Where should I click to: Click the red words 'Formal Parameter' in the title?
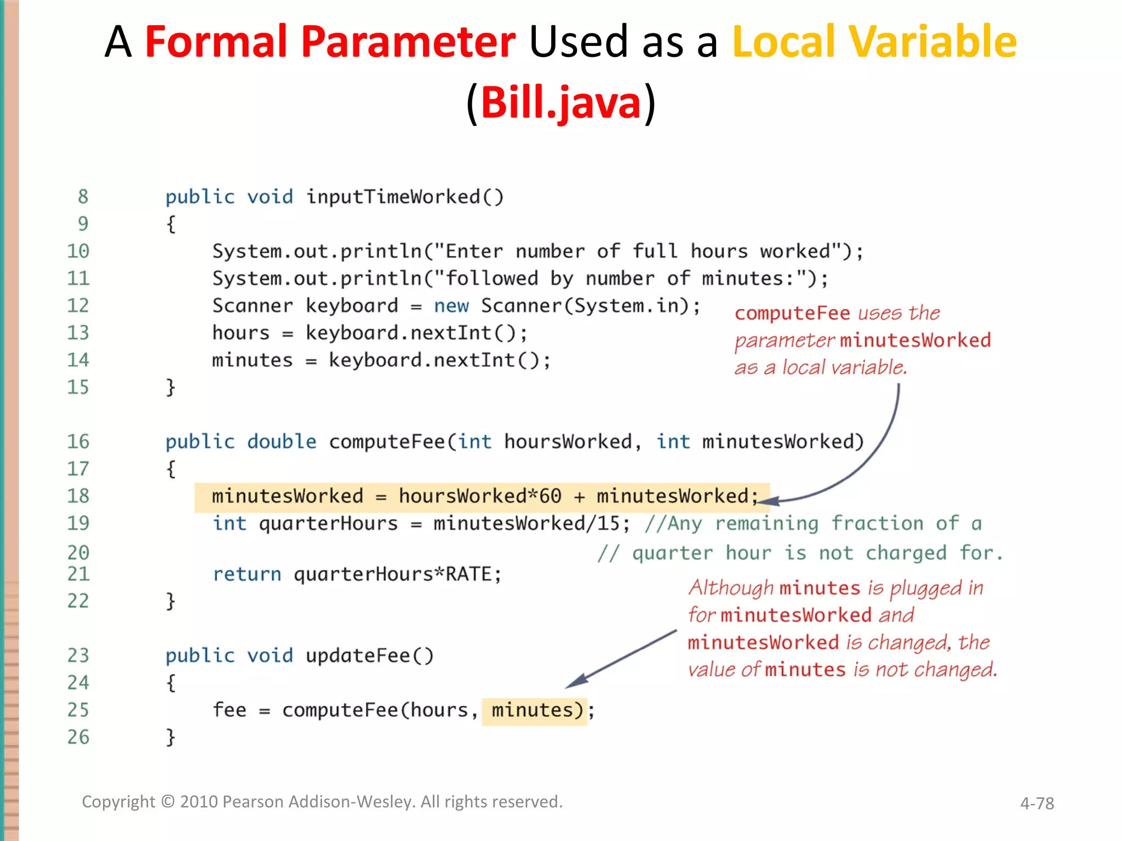[x=330, y=42]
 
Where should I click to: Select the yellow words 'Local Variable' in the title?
[x=874, y=42]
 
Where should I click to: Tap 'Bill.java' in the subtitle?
[x=560, y=103]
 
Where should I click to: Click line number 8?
[x=83, y=197]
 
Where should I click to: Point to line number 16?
[x=78, y=441]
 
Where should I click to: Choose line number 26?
[x=78, y=737]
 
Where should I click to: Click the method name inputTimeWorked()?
[x=404, y=197]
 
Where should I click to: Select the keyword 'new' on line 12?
[x=451, y=306]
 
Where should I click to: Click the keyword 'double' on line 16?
[x=282, y=441]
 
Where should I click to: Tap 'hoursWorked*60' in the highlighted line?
[x=479, y=496]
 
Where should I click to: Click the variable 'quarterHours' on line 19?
[x=328, y=523]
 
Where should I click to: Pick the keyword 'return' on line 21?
[x=247, y=574]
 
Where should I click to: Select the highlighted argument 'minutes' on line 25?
[x=532, y=710]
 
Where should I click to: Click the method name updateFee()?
[x=369, y=655]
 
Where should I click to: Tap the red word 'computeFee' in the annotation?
[x=792, y=313]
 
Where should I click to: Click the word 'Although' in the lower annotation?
[x=731, y=588]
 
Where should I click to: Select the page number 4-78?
[x=1037, y=803]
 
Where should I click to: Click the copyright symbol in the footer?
[x=168, y=802]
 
